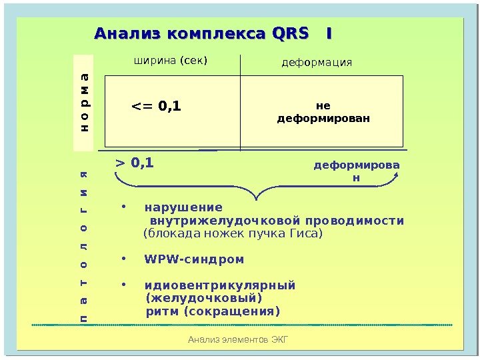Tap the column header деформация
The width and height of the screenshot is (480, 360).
[317, 63]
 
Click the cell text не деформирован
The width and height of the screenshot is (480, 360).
[323, 112]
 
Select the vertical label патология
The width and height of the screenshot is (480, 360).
[85, 247]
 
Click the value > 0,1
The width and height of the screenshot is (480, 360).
[135, 161]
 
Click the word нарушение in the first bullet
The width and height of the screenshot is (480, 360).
[184, 207]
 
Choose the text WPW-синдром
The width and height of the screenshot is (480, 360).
[194, 259]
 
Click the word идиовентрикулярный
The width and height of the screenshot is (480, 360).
[220, 285]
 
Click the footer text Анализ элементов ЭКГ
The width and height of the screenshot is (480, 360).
[238, 341]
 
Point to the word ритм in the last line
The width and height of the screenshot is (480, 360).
[162, 311]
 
